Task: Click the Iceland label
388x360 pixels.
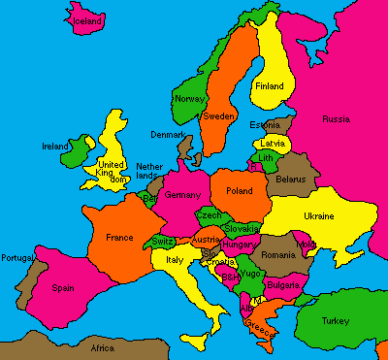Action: pos(87,19)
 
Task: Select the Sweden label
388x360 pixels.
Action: pos(217,115)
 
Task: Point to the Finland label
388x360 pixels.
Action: pos(269,86)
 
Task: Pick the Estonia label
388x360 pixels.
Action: pos(264,125)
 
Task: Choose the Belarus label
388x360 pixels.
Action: pos(290,180)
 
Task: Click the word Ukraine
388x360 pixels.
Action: pos(319,215)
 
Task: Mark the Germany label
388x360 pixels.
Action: pos(182,195)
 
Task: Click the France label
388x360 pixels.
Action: pos(118,237)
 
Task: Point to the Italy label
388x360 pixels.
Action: pos(175,260)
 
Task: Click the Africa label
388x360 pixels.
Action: pos(102,347)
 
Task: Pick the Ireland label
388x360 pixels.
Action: pos(55,147)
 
